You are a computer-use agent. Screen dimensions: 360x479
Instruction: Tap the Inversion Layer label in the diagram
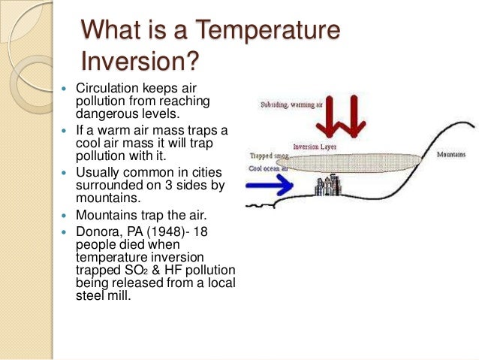tap(314, 147)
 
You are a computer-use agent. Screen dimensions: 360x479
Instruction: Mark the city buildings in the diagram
tap(329, 183)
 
